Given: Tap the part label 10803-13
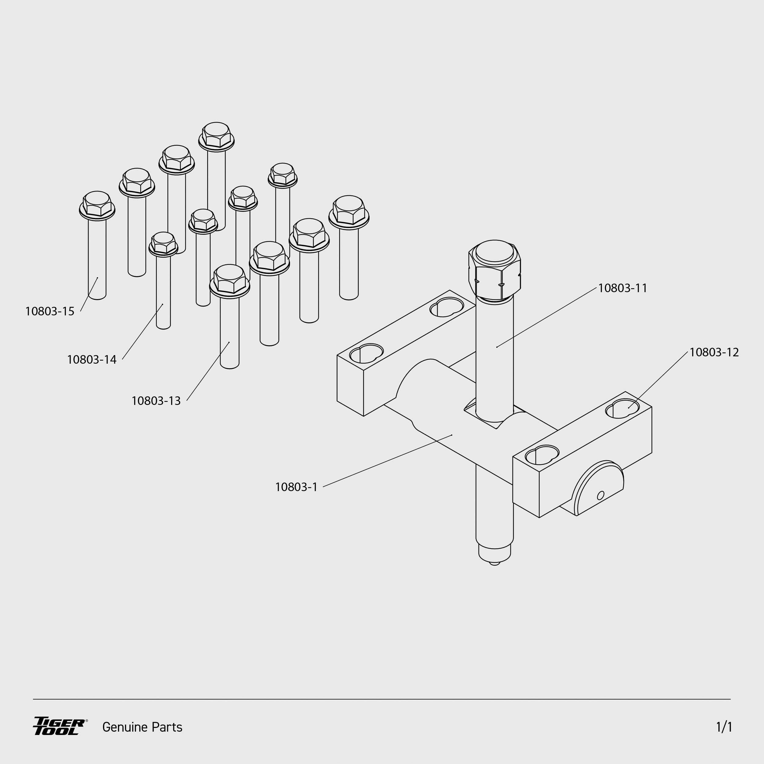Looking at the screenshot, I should pyautogui.click(x=156, y=401).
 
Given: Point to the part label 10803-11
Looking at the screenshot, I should pyautogui.click(x=623, y=288).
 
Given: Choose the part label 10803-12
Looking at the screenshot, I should pyautogui.click(x=714, y=352).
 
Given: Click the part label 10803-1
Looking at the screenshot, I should pyautogui.click(x=296, y=487).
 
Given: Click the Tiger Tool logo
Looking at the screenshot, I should pyautogui.click(x=59, y=726).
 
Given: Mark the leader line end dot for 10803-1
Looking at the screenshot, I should pyautogui.click(x=452, y=435).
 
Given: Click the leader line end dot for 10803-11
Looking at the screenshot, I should pyautogui.click(x=497, y=347).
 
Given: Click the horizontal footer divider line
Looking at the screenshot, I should pyautogui.click(x=382, y=699).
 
